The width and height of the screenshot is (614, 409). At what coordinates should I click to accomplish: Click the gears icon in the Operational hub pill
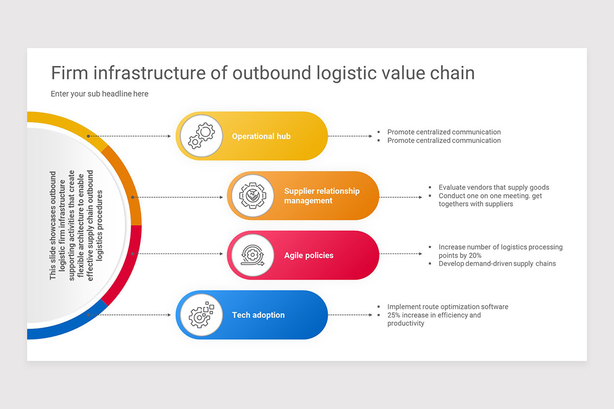[201, 136]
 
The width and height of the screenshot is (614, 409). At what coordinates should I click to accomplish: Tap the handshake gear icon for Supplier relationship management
[252, 196]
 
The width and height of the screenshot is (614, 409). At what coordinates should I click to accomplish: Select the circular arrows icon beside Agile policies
[252, 255]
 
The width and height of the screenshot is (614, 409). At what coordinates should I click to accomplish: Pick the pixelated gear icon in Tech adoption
[201, 315]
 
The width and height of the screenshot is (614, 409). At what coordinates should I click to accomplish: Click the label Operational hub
[261, 137]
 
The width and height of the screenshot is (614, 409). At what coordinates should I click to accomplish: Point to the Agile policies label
[309, 256]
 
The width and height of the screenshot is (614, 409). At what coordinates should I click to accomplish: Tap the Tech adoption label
[258, 315]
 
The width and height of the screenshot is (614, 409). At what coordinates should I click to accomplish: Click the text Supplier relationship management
[322, 196]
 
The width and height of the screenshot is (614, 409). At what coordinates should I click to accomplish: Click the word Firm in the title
[70, 73]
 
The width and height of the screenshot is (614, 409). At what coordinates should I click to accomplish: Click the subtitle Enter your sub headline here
[99, 94]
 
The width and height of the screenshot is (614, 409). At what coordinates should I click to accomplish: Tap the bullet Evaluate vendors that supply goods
[493, 188]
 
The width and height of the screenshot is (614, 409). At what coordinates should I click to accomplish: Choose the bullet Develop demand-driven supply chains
[497, 264]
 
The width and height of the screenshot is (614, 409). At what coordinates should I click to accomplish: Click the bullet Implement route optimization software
[448, 307]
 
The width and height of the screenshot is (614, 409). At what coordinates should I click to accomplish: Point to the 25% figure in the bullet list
[394, 315]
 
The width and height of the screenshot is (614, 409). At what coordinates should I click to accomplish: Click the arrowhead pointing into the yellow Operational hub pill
[169, 137]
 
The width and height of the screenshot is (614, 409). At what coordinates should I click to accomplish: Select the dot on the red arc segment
[133, 254]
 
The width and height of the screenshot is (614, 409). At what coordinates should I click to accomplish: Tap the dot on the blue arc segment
[89, 315]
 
